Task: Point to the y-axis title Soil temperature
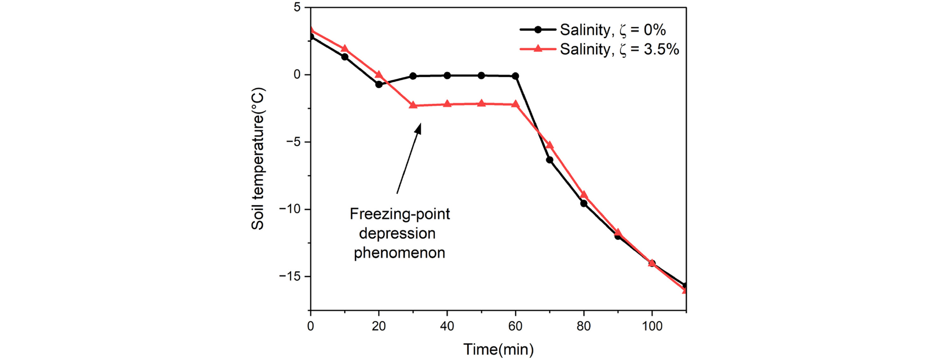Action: pyautogui.click(x=258, y=159)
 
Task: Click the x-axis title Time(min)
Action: pyautogui.click(x=498, y=349)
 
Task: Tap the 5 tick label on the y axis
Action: pyautogui.click(x=297, y=7)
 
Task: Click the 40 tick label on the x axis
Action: pyautogui.click(x=447, y=326)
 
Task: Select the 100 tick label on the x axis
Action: pyautogui.click(x=652, y=326)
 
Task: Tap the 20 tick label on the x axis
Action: pyautogui.click(x=379, y=326)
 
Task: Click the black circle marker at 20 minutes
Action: pyautogui.click(x=379, y=85)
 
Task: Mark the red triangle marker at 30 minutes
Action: pyautogui.click(x=413, y=105)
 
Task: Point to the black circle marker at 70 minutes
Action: pyautogui.click(x=550, y=160)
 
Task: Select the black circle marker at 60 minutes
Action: pyautogui.click(x=516, y=76)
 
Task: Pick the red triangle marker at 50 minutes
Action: pyautogui.click(x=482, y=103)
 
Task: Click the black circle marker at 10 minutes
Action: pyautogui.click(x=345, y=57)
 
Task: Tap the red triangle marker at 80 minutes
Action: pyautogui.click(x=584, y=195)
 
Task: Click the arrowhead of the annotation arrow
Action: pyautogui.click(x=419, y=127)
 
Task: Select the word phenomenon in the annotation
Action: pyautogui.click(x=399, y=253)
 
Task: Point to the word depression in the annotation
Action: pyautogui.click(x=398, y=233)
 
